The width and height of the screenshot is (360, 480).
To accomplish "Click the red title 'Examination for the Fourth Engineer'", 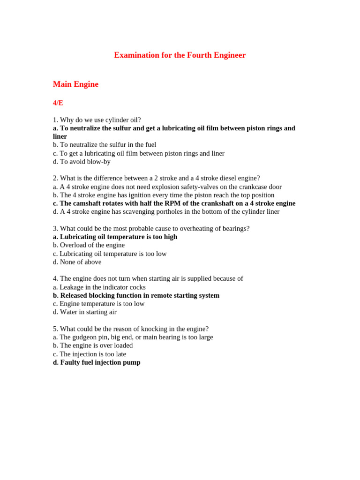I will tap(180, 55).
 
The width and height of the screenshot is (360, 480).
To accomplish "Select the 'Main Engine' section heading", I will tap(75, 84).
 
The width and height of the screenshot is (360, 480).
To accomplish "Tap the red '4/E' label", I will tap(58, 103).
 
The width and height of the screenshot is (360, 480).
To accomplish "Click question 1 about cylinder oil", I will tap(97, 120).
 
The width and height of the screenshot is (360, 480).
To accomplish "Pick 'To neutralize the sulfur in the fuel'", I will tap(105, 145).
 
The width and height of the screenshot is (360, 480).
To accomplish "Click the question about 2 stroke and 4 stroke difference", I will tap(156, 178).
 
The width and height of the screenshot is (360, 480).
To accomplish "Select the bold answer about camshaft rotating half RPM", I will tap(174, 203).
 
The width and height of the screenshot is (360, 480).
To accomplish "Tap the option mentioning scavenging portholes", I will tap(166, 211).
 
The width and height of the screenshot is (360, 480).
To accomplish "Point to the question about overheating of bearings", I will tap(151, 228).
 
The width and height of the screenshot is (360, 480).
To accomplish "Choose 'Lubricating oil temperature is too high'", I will tap(115, 237).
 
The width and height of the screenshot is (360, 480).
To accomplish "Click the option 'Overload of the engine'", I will tap(89, 245).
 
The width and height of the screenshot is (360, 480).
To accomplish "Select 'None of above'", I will tap(77, 262).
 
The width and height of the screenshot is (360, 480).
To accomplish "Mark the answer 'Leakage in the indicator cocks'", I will tap(99, 287).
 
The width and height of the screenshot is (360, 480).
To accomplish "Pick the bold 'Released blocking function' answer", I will tap(136, 295).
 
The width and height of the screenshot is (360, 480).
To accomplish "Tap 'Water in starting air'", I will tap(84, 312).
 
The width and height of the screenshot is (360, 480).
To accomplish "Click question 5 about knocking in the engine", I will tap(131, 329).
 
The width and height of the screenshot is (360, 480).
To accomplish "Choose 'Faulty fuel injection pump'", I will tap(97, 362).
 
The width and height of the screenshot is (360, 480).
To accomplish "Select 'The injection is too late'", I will tap(89, 354).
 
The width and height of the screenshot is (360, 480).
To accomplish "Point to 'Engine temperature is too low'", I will tap(98, 304).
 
